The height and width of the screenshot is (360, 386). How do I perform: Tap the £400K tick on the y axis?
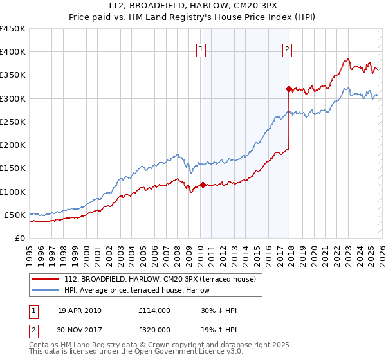click(12, 52)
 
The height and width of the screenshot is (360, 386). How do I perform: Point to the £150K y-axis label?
click(12, 168)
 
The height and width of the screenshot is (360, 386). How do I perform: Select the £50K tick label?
click(15, 215)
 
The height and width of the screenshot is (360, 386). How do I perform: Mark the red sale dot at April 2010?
click(203, 184)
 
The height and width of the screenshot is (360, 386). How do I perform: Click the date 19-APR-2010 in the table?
click(79, 310)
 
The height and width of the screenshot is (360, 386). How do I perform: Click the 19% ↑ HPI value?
click(219, 329)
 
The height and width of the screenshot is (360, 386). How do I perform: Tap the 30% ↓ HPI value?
click(219, 310)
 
